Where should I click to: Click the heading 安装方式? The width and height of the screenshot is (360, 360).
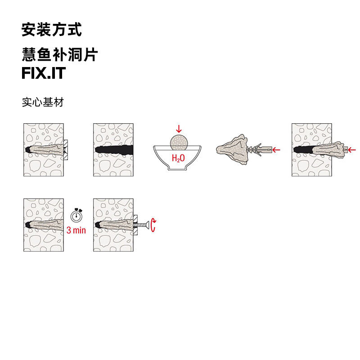[52, 30]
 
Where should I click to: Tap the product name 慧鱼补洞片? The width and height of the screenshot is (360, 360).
[60, 55]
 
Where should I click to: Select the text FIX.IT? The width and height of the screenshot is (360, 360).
[44, 73]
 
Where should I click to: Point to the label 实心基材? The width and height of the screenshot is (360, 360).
[43, 102]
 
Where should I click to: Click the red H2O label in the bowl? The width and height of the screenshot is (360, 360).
[178, 158]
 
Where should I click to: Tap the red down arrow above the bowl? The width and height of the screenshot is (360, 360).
[179, 129]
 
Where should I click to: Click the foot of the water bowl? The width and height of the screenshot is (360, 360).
[178, 169]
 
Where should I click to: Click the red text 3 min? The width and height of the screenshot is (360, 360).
[76, 230]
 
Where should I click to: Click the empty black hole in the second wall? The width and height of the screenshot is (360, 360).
[115, 149]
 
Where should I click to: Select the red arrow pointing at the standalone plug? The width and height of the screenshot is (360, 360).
[277, 149]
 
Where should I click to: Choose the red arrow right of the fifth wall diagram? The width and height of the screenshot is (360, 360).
[352, 149]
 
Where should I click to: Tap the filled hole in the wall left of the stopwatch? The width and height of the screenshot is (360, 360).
[43, 224]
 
